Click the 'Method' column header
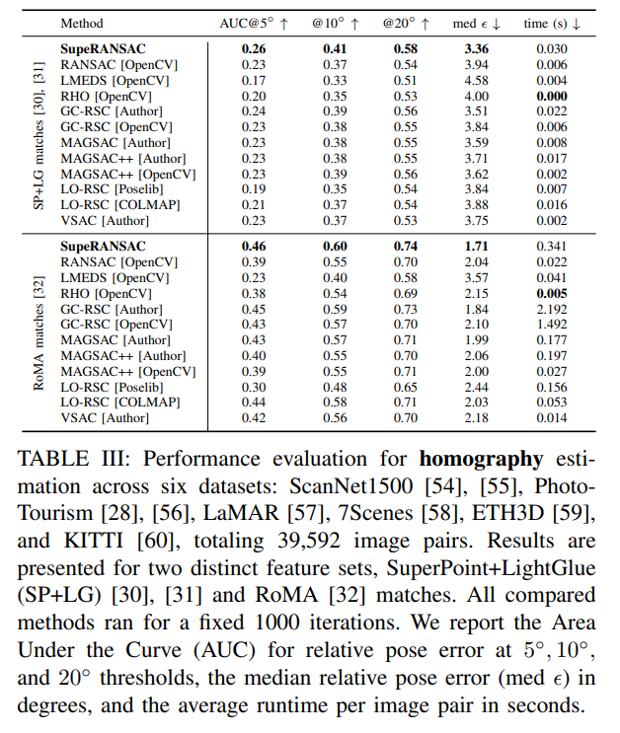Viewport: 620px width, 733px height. click(81, 21)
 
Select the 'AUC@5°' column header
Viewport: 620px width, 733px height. click(254, 21)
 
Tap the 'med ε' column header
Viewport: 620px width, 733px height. click(479, 21)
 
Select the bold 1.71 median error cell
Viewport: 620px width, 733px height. click(477, 247)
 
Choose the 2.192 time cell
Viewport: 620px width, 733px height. click(551, 309)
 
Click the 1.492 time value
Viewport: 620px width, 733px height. click(551, 325)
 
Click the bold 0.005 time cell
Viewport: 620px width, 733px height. click(551, 294)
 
